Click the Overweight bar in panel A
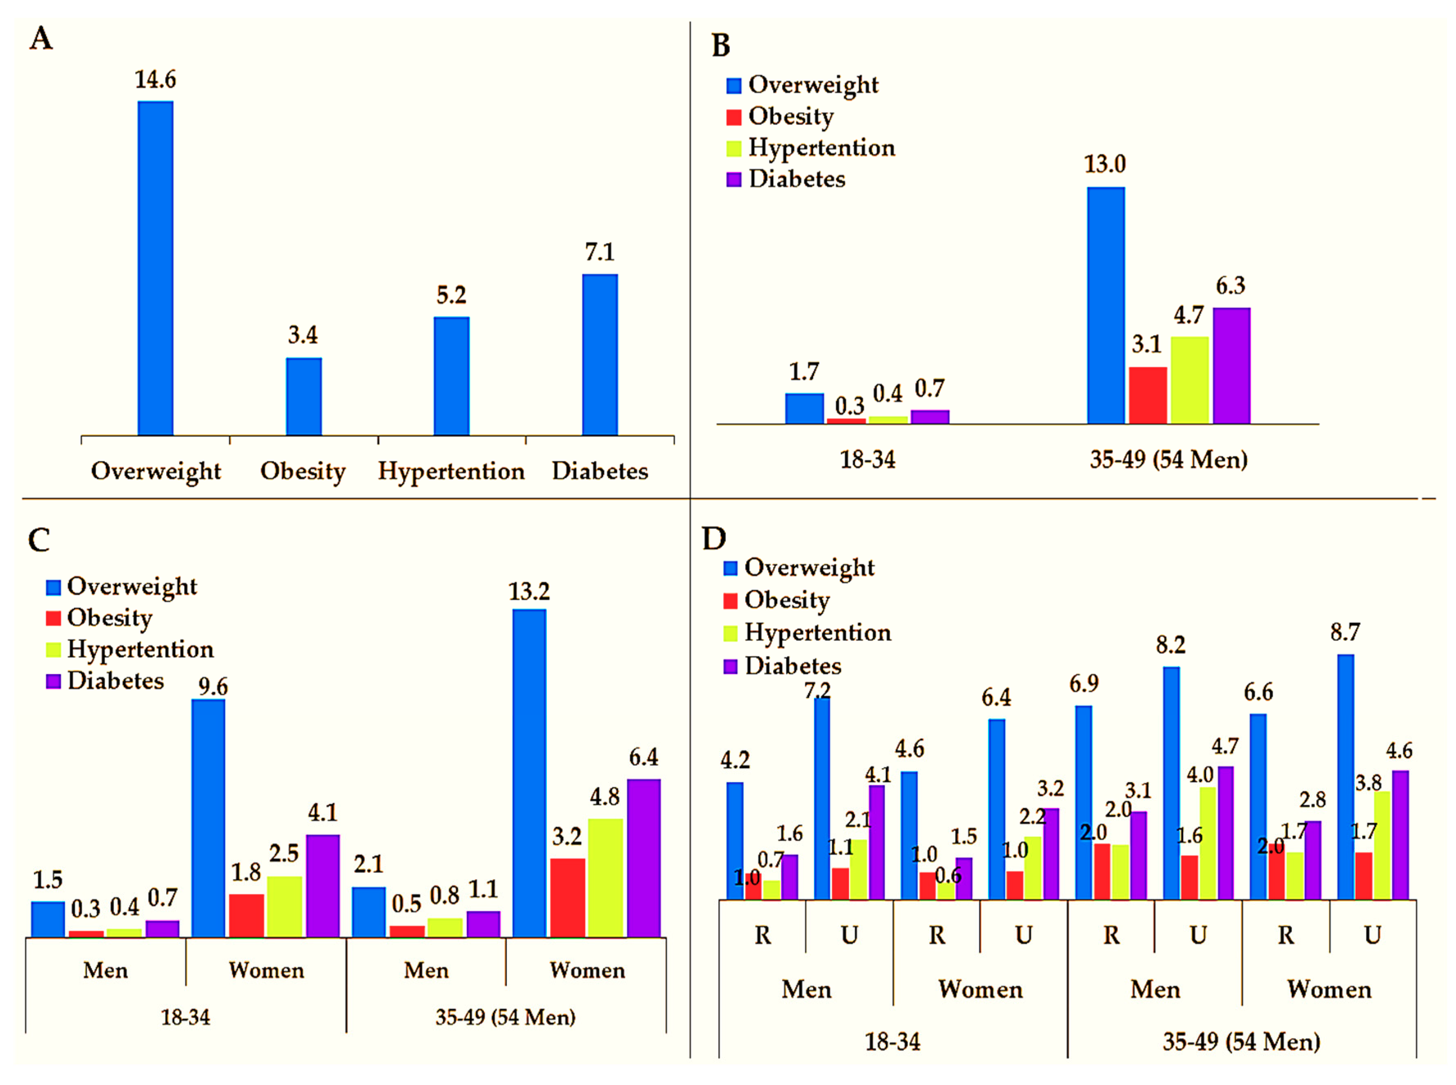(156, 268)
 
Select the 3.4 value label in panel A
(303, 335)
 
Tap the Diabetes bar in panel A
(600, 355)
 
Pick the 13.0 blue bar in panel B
(1106, 305)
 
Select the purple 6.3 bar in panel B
(1231, 366)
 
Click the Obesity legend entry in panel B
(780, 117)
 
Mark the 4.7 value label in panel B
(1189, 315)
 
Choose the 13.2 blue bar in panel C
(529, 773)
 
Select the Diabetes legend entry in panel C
(105, 680)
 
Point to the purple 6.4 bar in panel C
(644, 858)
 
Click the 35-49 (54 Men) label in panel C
(505, 1017)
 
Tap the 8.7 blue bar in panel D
(1346, 777)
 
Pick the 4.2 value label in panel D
(735, 760)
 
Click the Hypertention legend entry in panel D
(807, 633)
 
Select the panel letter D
(714, 539)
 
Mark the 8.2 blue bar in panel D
(1171, 783)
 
